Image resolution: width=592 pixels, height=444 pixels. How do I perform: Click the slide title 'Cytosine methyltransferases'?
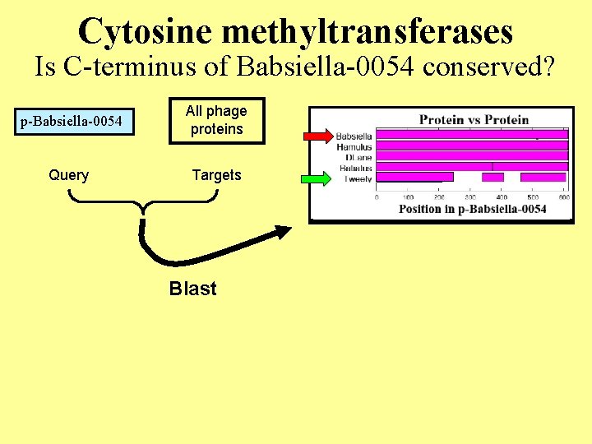pos(296,31)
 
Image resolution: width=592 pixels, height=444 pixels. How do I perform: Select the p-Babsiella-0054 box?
pos(71,123)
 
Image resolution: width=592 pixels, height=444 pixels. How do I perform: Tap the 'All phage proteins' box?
pos(216,120)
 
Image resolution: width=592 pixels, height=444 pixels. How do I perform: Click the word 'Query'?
pos(69,175)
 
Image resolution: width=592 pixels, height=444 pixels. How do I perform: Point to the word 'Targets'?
pos(216,175)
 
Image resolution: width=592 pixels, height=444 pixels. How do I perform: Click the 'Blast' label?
pos(192,289)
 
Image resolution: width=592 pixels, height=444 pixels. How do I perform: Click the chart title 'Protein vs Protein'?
pos(474,119)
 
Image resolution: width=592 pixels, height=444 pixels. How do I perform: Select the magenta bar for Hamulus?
pos(472,146)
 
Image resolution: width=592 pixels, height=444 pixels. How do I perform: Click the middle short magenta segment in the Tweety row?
pos(493,177)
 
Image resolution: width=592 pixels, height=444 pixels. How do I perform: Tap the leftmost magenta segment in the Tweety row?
pos(414,177)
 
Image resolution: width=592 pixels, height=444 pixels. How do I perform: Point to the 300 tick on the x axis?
pos(470,197)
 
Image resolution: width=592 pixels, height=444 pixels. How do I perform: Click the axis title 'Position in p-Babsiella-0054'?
pos(472,209)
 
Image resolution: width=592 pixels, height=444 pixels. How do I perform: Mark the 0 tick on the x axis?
pos(377,197)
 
